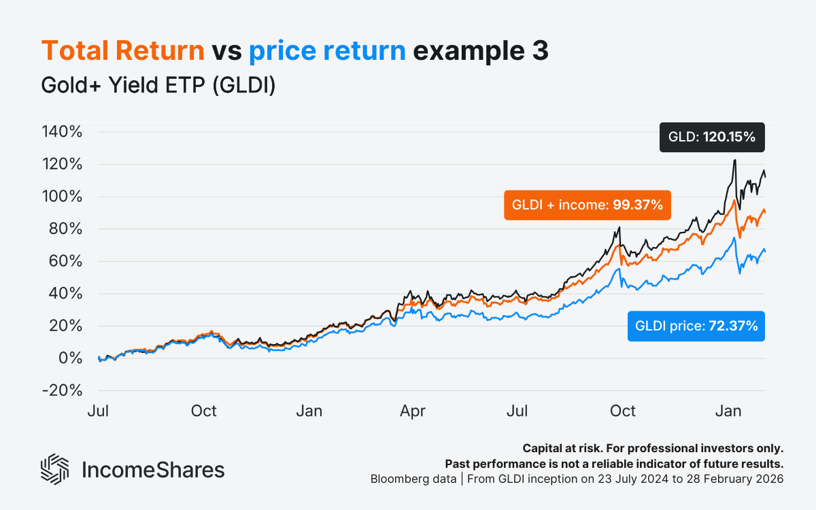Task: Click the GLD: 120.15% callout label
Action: point(713,137)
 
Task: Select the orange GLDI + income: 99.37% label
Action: point(587,205)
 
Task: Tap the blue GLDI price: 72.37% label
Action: point(696,326)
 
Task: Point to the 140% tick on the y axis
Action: point(62,132)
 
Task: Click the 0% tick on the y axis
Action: point(70,358)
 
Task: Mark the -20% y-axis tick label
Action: point(62,391)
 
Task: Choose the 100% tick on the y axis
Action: point(62,197)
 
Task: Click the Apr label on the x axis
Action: point(413,411)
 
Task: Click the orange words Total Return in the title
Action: point(123,51)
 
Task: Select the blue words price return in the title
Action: point(328,51)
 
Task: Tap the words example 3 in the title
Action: point(481,51)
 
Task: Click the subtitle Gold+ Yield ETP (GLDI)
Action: point(158,86)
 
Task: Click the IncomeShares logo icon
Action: point(55,469)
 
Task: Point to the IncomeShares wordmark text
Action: point(153,470)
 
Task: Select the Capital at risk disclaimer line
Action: point(653,449)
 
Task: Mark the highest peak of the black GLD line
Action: point(734,160)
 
